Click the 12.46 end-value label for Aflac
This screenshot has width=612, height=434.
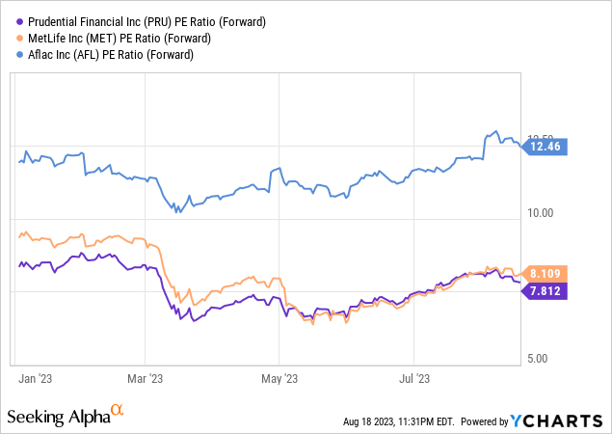(x=546, y=147)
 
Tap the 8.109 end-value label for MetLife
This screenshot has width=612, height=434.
(x=546, y=273)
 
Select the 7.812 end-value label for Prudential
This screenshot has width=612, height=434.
(x=546, y=290)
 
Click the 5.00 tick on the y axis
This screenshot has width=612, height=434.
(x=537, y=359)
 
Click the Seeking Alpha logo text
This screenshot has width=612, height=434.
(x=59, y=417)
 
